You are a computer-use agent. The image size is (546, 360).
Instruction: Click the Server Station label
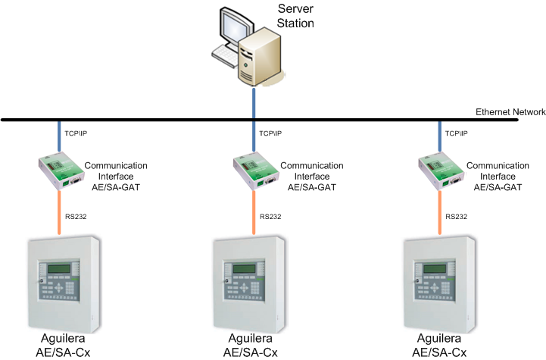(295, 15)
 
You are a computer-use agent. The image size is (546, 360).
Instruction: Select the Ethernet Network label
(510, 112)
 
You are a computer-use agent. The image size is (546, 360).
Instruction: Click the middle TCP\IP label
(270, 133)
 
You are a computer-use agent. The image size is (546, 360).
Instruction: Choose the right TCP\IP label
(457, 133)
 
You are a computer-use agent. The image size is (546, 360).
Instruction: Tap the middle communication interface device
(252, 171)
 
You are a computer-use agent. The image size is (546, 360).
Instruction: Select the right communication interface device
(440, 171)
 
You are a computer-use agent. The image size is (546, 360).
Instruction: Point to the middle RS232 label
(270, 216)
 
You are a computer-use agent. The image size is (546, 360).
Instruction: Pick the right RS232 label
(457, 216)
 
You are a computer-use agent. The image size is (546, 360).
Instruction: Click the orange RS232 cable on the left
(59, 212)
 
